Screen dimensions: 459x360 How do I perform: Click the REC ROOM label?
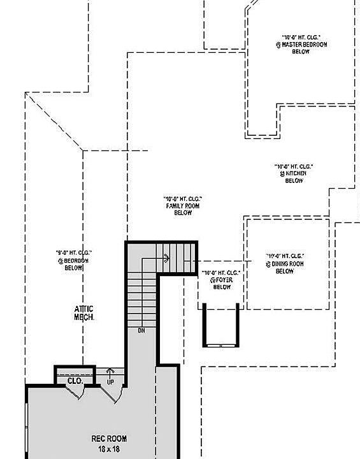(109, 439)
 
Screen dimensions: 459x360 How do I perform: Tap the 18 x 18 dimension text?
(109, 449)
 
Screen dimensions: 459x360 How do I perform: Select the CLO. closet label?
(75, 381)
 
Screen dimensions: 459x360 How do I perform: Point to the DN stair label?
(141, 331)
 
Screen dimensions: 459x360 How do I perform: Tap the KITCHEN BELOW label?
(294, 177)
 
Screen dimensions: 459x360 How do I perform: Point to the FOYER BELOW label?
(220, 284)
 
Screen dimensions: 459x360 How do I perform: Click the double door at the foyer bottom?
(221, 345)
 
